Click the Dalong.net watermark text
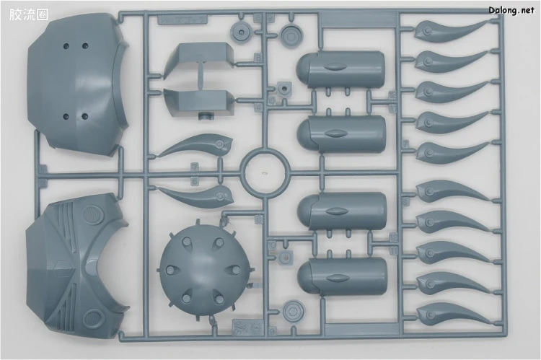pyautogui.click(x=511, y=10)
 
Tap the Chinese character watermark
pyautogui.click(x=29, y=14)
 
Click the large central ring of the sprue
pyautogui.click(x=264, y=172)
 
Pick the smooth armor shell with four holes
pyautogui.click(x=78, y=84)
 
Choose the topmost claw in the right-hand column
pyautogui.click(x=449, y=30)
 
